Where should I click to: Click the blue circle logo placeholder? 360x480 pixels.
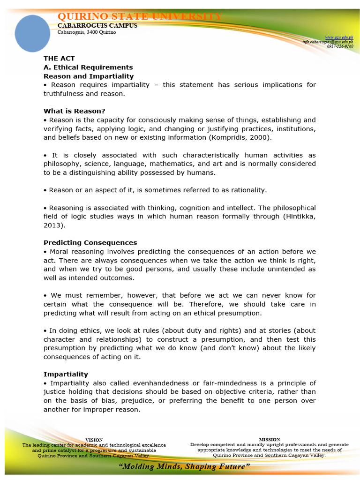coord(32,33)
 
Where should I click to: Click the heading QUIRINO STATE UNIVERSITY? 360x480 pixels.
coord(140,17)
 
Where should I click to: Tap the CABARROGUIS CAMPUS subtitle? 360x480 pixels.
coord(97,26)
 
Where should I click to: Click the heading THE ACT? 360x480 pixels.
coord(57,59)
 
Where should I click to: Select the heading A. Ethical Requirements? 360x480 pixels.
coord(88,67)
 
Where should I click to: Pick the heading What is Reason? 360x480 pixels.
coord(75,111)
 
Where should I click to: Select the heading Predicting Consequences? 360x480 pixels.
coord(90,243)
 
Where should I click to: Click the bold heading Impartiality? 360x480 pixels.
coord(66,375)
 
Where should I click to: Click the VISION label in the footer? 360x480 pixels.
coord(94,440)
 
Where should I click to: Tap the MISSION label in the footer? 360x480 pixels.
coord(269,439)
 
